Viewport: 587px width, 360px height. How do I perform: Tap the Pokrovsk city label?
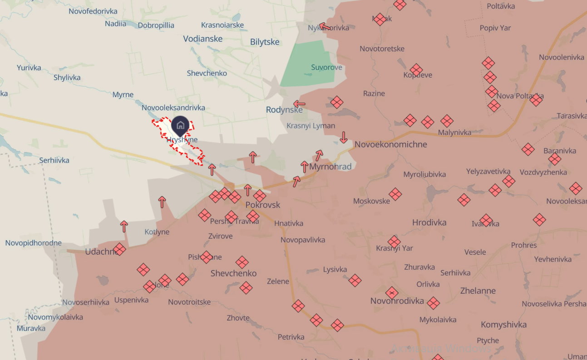point(262,205)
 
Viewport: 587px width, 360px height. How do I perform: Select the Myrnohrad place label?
point(330,167)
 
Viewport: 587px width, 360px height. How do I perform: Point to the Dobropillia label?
point(156,25)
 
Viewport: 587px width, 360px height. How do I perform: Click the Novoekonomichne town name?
point(390,144)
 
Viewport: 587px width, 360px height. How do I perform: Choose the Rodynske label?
point(284,110)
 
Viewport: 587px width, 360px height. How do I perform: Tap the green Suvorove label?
point(326,68)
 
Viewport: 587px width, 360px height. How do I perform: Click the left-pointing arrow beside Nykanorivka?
point(324,26)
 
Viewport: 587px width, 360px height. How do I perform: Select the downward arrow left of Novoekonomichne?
point(344,137)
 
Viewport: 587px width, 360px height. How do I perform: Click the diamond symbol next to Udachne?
point(119,249)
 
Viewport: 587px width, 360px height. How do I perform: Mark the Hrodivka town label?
point(429,222)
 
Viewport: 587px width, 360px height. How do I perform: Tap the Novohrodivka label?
point(397,301)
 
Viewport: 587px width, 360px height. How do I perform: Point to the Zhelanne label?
point(478,291)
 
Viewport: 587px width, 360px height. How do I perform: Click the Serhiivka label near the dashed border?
point(54,160)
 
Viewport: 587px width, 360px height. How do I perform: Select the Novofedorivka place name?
point(93,11)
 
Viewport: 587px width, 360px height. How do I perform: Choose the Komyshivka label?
point(503,325)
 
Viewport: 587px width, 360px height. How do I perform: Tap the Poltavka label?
point(501,6)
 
